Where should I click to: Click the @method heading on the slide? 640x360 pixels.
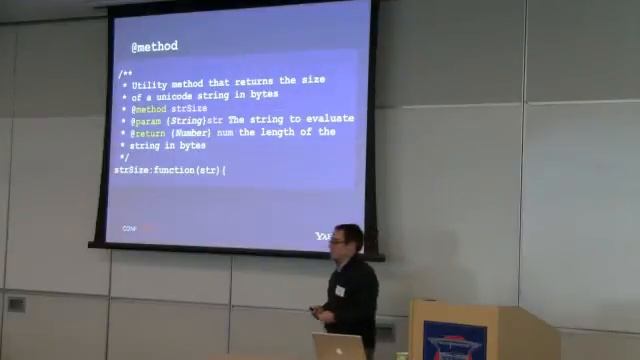point(154,46)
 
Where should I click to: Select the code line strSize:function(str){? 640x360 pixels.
point(170,170)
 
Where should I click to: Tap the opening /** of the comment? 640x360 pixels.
point(124,73)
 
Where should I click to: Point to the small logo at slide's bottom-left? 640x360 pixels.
point(130,229)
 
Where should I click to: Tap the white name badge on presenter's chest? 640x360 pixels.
point(340,291)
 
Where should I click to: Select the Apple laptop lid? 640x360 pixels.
point(338,346)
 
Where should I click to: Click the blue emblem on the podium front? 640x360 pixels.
point(454,341)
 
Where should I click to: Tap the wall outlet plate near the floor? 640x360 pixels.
point(16,304)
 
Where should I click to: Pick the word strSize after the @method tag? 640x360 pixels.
point(189,108)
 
